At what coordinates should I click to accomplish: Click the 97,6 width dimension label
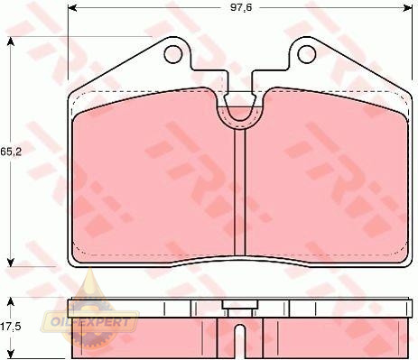(x=241, y=7)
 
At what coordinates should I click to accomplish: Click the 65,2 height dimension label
(x=11, y=152)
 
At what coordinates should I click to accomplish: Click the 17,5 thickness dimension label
(x=11, y=327)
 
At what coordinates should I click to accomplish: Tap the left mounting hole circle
(x=173, y=54)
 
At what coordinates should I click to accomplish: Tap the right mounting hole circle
(x=307, y=54)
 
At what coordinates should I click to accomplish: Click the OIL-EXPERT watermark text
(x=89, y=322)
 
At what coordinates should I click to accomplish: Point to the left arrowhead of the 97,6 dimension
(x=72, y=8)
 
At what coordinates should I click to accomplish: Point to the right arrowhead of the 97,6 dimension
(x=408, y=8)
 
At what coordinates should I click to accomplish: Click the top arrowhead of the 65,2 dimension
(x=11, y=42)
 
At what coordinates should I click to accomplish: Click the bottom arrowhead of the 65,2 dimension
(x=11, y=263)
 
